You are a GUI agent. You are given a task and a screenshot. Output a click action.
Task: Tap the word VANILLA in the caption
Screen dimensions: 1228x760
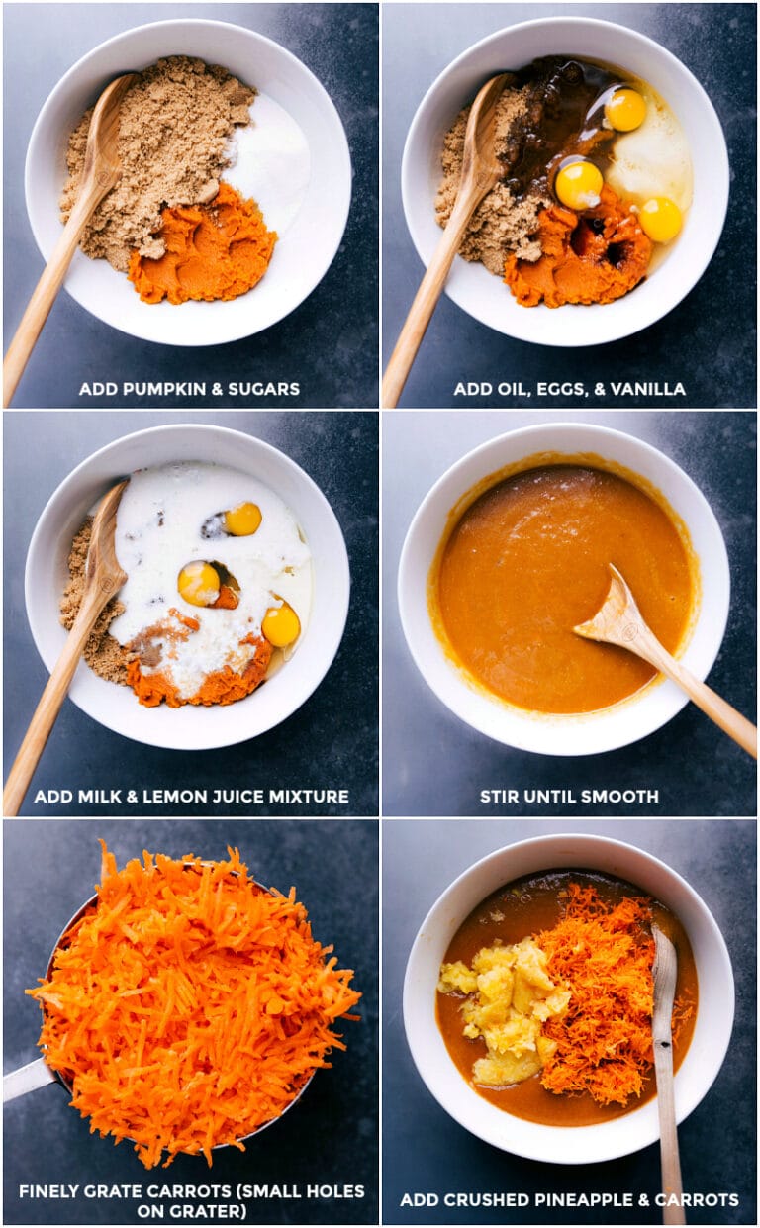coord(649,389)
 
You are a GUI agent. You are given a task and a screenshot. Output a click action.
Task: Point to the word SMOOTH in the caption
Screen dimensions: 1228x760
coord(621,797)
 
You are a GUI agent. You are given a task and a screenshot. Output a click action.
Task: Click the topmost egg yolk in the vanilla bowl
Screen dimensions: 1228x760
coord(625,109)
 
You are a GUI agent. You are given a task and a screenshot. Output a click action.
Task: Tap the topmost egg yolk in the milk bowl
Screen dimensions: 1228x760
coord(242,519)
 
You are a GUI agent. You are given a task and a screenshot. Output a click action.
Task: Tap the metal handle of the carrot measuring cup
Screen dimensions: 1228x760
coord(25,1079)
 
